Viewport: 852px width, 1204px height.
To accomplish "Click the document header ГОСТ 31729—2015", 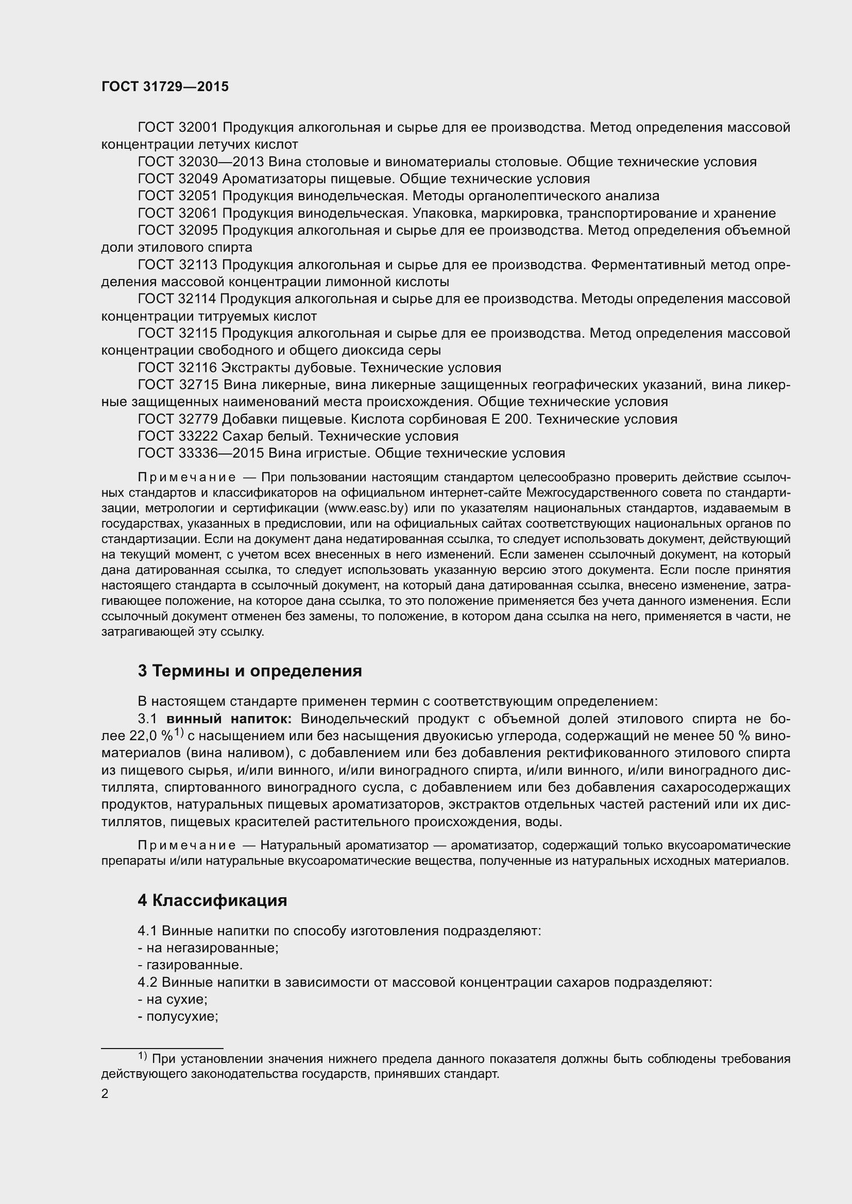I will tap(165, 87).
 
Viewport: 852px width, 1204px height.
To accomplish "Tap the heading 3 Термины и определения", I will tap(250, 671).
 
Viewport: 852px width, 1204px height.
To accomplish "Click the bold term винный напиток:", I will tap(229, 719).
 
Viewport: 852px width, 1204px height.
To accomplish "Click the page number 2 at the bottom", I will tap(105, 1094).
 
